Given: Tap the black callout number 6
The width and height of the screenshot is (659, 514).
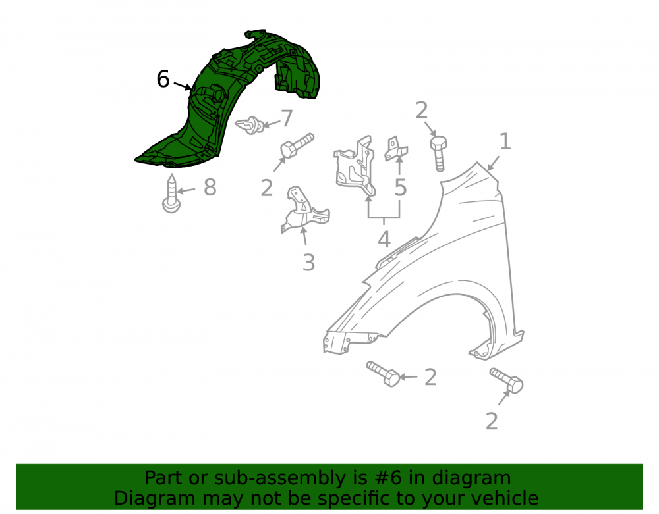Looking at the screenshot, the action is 163,79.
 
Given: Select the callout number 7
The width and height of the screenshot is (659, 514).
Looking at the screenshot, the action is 287,118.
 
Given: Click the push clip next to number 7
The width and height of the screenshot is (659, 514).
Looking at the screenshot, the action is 250,125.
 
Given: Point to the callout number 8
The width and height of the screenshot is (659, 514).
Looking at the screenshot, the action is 210,187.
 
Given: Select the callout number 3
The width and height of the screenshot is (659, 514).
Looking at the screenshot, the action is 308,263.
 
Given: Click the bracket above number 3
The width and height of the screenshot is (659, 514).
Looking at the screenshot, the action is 304,209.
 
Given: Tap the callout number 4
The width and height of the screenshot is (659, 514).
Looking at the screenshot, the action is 384,240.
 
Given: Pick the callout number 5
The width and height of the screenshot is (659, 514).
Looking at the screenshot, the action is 401,187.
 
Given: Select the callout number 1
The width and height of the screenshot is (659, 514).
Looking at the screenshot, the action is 505,141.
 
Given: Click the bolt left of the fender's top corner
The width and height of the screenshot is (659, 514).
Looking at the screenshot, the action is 438,154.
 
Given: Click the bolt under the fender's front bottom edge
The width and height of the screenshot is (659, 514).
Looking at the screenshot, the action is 383,373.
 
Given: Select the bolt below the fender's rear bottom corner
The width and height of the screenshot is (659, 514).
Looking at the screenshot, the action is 506,380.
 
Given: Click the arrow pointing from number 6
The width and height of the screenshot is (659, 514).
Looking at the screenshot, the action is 183,86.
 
